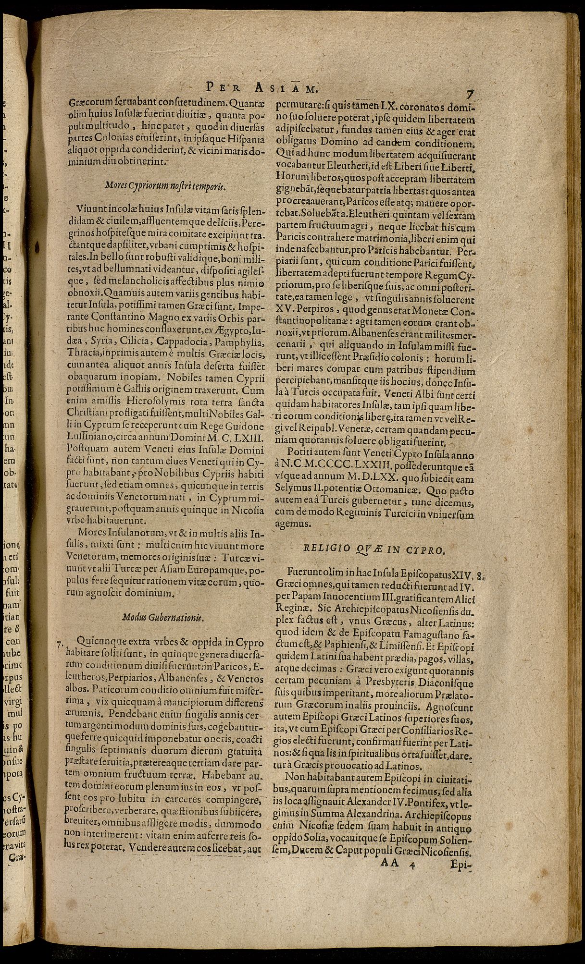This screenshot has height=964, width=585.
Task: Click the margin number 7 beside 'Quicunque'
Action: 60,645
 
